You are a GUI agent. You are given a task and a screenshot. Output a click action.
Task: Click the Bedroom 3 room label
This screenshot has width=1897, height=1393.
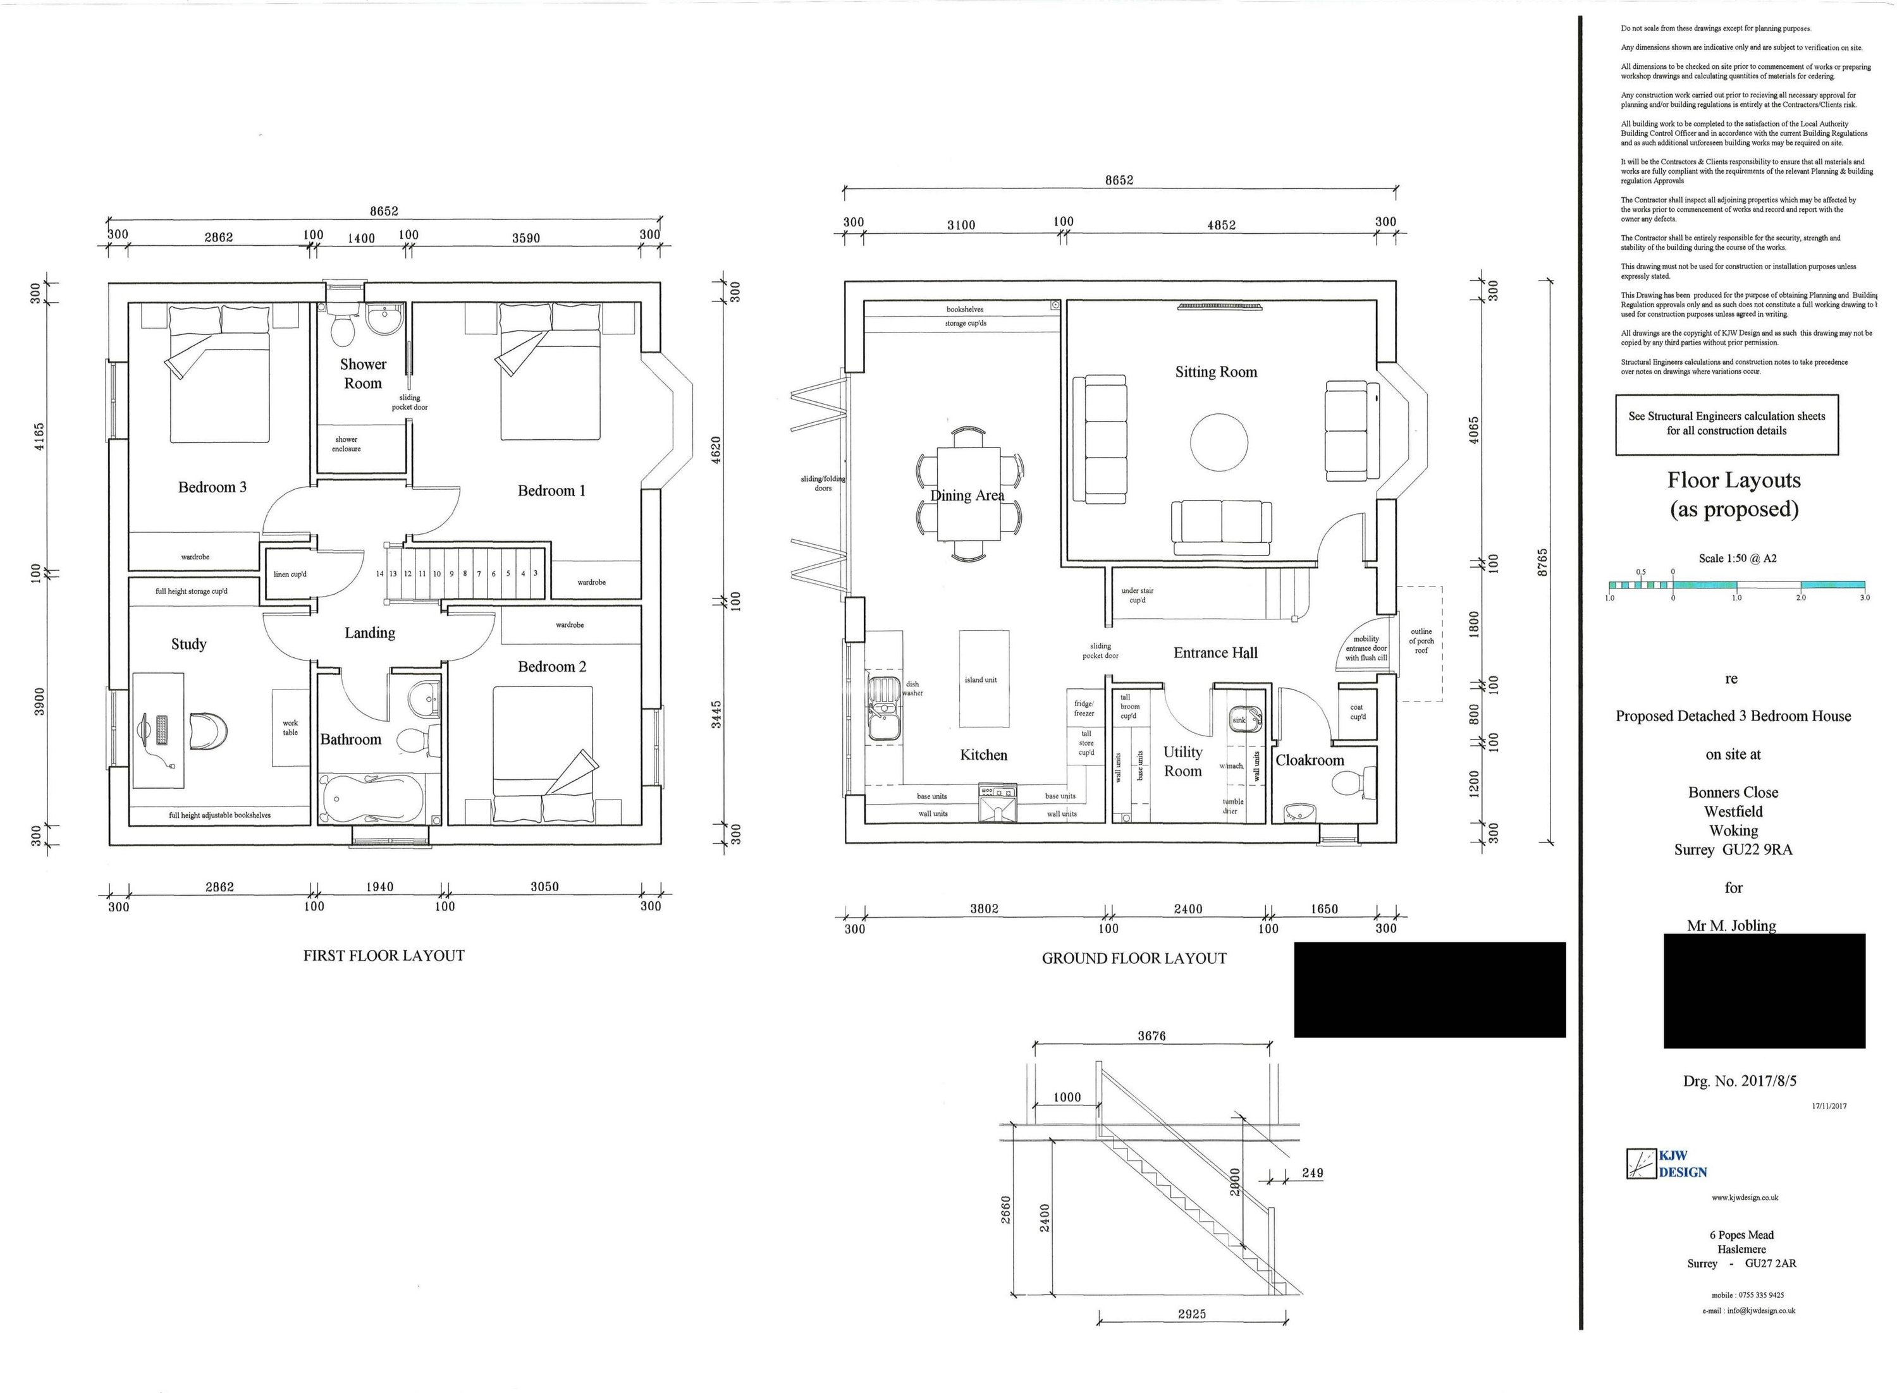click(x=212, y=487)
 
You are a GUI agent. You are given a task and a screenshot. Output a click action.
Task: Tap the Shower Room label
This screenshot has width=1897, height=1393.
click(x=363, y=374)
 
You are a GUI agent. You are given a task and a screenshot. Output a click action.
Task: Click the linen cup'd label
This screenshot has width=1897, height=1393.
click(x=290, y=575)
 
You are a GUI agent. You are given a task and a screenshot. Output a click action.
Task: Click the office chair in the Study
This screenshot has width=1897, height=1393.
click(x=208, y=730)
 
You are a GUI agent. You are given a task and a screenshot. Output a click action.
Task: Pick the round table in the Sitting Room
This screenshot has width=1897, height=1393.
click(x=1219, y=442)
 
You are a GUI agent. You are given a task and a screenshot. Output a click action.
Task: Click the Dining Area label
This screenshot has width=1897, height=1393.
click(x=967, y=496)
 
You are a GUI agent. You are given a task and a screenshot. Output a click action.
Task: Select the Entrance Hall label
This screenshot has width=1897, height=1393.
click(x=1215, y=653)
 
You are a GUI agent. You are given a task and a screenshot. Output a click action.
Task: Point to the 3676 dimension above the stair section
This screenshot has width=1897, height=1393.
click(x=1151, y=1035)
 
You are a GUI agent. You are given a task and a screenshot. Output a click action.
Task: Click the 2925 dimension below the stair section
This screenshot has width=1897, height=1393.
click(x=1192, y=1314)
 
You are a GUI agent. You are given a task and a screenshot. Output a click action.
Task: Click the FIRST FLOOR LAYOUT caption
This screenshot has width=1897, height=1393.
click(x=384, y=956)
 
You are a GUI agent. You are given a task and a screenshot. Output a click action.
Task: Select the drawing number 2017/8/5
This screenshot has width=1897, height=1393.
click(x=1740, y=1081)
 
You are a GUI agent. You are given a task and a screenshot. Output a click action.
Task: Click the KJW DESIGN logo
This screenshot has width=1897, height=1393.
click(x=1666, y=1164)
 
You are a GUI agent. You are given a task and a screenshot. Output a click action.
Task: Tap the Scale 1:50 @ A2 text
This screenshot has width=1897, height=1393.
click(x=1737, y=558)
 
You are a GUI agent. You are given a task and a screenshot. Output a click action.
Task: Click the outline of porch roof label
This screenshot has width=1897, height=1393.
click(x=1421, y=641)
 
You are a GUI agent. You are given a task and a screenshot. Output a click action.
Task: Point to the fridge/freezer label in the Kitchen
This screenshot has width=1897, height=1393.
click(x=1084, y=709)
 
